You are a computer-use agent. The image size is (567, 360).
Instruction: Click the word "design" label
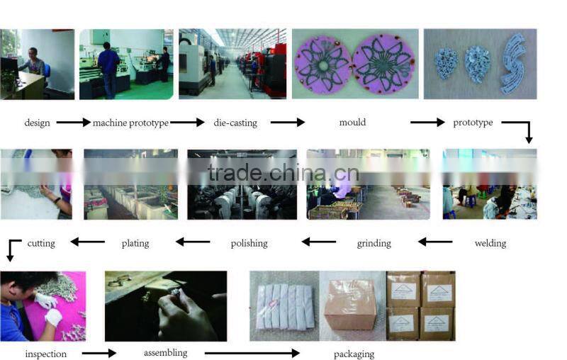tap(37, 123)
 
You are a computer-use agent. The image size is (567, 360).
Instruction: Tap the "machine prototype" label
tap(130, 123)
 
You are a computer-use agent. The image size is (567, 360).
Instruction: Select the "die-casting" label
tap(235, 123)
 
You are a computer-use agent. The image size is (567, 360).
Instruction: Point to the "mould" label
tap(352, 123)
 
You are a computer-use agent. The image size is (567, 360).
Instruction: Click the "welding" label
tap(490, 243)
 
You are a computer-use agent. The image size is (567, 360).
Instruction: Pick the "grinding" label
tap(374, 243)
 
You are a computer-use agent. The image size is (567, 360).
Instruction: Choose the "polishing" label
tap(249, 243)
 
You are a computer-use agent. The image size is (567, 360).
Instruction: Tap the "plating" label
tap(135, 243)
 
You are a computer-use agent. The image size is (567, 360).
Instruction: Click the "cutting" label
tap(41, 243)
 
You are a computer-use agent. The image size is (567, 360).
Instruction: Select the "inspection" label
tap(45, 354)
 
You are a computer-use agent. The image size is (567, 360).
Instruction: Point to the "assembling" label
tap(165, 352)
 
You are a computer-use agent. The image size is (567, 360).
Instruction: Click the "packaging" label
tap(354, 354)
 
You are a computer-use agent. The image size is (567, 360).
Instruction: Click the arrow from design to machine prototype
tap(73, 123)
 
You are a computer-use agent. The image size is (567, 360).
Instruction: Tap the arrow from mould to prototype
tap(427, 123)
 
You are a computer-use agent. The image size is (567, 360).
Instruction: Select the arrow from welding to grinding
tap(435, 242)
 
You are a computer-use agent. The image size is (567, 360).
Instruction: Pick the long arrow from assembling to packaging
tap(252, 352)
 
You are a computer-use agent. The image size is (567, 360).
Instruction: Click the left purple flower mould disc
tap(322, 64)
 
